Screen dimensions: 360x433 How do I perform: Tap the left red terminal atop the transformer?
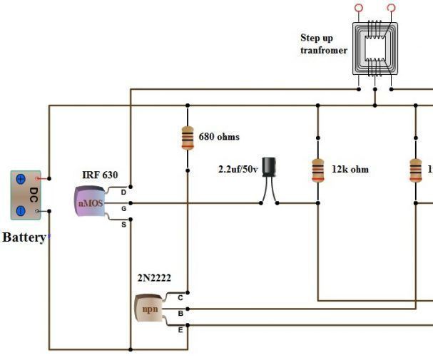(358, 8)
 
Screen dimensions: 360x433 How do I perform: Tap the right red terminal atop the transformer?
(391, 8)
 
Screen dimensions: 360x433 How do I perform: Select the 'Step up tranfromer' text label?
(323, 44)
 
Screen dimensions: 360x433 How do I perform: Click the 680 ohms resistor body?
(187, 137)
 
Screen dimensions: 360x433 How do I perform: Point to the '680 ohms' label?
(219, 136)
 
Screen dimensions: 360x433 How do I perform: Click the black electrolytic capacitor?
(269, 167)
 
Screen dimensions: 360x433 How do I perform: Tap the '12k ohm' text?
(350, 170)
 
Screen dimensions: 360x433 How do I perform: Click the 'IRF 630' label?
(100, 175)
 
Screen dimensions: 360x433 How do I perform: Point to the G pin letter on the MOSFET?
(123, 208)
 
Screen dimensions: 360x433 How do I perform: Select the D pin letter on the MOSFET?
(123, 192)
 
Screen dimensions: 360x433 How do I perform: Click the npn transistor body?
(148, 307)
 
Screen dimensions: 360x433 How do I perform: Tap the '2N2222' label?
(154, 278)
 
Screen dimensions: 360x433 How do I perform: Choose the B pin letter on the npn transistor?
(180, 313)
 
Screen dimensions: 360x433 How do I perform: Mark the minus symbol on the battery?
(21, 210)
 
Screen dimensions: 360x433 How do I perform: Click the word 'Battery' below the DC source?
(24, 237)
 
